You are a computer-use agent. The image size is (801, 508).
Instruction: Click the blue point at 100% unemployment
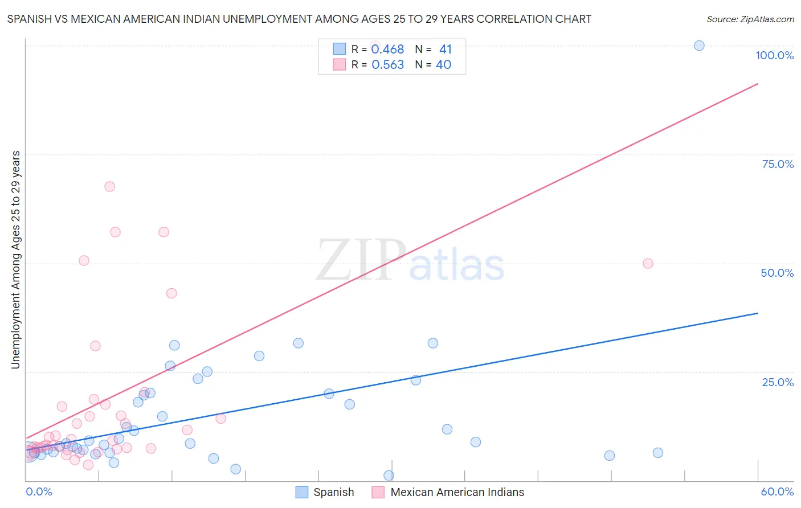(x=699, y=46)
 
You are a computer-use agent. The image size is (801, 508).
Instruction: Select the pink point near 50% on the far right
(x=648, y=263)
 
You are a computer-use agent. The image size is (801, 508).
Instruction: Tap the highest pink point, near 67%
(x=109, y=186)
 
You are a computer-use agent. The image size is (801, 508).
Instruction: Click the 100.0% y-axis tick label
(x=774, y=55)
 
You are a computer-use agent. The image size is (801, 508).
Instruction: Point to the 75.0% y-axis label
(x=778, y=164)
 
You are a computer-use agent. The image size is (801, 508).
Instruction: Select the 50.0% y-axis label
(x=777, y=273)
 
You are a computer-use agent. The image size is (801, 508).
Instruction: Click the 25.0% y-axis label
(x=778, y=382)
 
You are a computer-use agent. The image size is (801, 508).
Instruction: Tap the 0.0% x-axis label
(x=39, y=491)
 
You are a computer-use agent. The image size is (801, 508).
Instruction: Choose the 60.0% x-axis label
(x=777, y=491)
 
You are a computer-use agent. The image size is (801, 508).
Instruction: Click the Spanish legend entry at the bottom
(x=333, y=492)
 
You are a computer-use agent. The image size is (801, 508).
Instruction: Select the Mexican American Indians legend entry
(x=457, y=492)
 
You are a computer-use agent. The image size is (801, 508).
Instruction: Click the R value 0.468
(x=387, y=50)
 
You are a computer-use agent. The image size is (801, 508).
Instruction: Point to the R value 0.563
(x=387, y=65)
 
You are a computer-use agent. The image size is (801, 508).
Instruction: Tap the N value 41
(x=445, y=50)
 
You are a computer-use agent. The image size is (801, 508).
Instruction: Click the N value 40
(x=443, y=65)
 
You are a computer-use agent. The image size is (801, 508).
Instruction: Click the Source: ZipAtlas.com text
(x=750, y=19)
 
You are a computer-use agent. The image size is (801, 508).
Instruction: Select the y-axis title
(x=15, y=260)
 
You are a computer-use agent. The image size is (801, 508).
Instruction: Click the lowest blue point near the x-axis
(x=389, y=476)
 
